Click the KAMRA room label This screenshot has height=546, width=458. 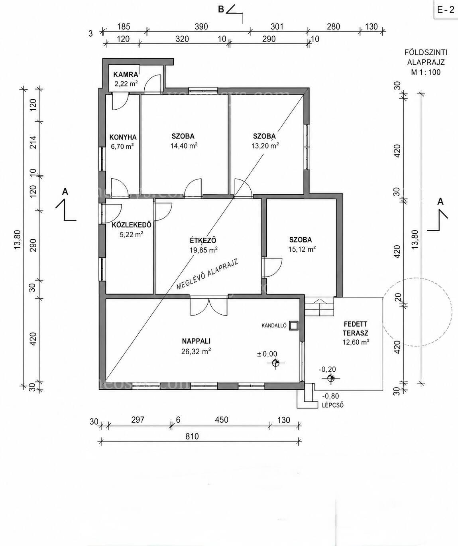126,75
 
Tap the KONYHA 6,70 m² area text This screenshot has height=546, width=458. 122,146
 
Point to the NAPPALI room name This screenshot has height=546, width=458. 196,341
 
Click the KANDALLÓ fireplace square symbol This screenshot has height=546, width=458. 294,325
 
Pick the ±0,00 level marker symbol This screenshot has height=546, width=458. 275,363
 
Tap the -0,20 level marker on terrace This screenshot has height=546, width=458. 331,378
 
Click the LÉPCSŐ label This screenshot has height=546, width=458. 333,406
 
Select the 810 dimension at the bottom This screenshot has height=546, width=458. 192,436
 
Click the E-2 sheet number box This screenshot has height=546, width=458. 446,10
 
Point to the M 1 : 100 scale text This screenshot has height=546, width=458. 426,72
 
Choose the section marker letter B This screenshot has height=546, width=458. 221,10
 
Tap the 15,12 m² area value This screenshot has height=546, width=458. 302,249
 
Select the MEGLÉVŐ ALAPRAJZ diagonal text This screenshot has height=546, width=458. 207,274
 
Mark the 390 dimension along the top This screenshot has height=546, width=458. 201,26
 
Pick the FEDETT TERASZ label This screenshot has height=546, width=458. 356,329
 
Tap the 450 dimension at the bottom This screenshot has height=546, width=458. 221,420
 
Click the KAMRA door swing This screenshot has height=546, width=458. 152,83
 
